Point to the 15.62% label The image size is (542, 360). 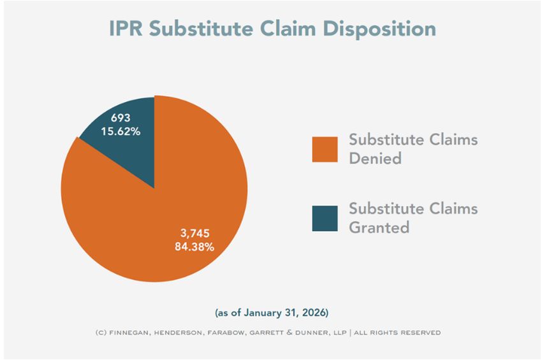click(121, 131)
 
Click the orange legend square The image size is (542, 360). click(325, 148)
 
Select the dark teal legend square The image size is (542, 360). click(325, 218)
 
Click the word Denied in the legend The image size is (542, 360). click(375, 158)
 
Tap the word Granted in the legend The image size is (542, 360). click(379, 227)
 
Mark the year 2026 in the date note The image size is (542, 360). click(315, 313)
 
